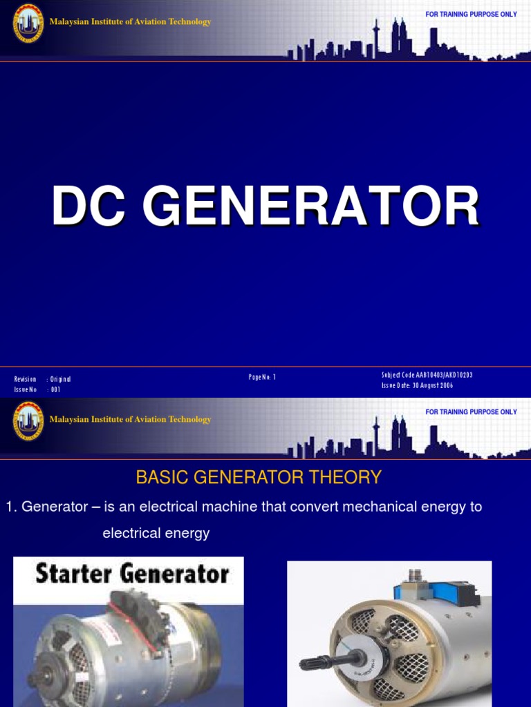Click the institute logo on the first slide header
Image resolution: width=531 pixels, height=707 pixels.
(28, 23)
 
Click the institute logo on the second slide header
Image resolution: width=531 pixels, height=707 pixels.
(28, 420)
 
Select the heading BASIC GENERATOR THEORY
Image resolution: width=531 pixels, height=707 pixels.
(259, 477)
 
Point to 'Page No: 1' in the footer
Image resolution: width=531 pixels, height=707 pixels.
(262, 377)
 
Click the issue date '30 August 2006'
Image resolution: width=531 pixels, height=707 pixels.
(434, 386)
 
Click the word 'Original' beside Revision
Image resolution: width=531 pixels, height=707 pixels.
(60, 379)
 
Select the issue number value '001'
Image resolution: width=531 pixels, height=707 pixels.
(55, 389)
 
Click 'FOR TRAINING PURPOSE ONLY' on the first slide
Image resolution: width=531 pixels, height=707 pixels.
(471, 14)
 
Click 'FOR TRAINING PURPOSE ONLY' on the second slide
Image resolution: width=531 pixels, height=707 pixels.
(471, 412)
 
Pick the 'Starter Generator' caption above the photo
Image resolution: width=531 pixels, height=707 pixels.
(131, 574)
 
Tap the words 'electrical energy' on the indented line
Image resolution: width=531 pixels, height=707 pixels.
(156, 533)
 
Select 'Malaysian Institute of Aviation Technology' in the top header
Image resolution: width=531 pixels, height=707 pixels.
(130, 22)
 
